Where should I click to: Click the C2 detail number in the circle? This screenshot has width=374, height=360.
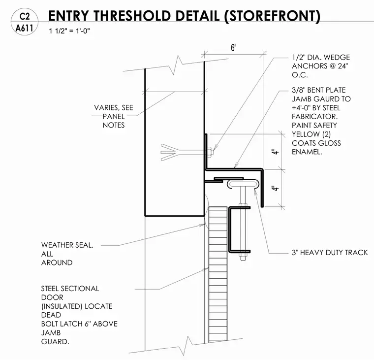(x=25, y=16)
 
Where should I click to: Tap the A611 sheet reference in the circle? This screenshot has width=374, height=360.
(x=24, y=28)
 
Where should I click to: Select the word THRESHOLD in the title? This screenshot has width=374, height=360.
(x=132, y=16)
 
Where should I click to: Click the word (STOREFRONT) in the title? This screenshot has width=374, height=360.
(x=273, y=16)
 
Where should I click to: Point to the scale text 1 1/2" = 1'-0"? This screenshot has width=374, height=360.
(x=69, y=31)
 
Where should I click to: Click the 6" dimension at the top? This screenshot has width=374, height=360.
(x=234, y=47)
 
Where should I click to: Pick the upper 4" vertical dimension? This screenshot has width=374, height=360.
(x=275, y=152)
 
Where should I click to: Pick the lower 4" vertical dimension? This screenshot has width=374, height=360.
(x=275, y=188)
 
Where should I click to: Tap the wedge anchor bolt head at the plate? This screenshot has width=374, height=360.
(x=210, y=152)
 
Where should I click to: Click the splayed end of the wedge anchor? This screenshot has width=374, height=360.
(x=169, y=152)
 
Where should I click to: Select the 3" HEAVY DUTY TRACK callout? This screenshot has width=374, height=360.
(x=330, y=253)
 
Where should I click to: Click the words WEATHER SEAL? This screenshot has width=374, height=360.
(x=67, y=245)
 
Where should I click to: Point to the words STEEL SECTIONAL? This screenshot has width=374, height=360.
(x=70, y=289)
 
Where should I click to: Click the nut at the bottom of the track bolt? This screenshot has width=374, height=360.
(x=243, y=258)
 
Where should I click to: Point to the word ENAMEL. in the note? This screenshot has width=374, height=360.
(x=307, y=152)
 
